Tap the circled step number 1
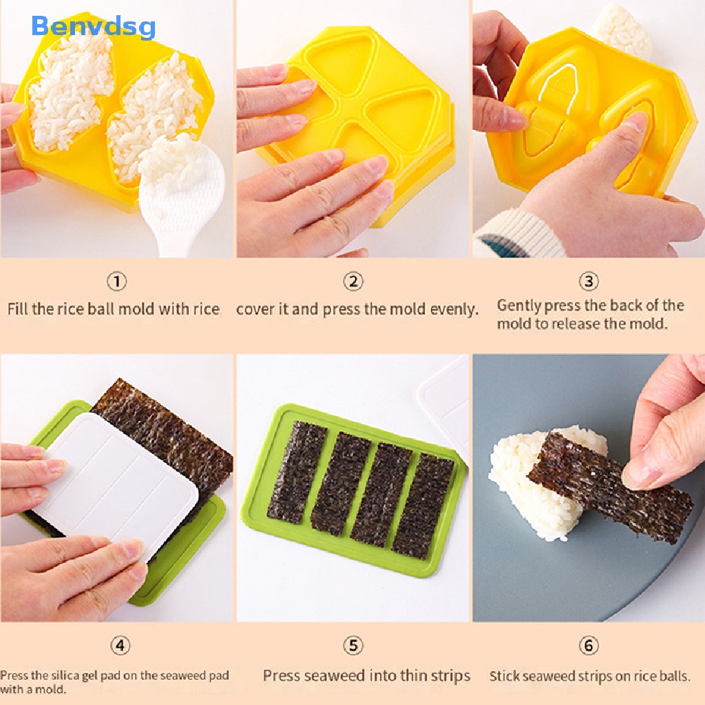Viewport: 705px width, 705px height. [117, 282]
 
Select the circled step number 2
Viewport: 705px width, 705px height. [353, 282]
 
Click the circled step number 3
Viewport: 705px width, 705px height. [588, 282]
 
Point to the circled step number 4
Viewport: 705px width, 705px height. [120, 646]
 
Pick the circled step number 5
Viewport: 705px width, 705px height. [353, 646]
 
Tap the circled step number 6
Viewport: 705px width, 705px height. [588, 646]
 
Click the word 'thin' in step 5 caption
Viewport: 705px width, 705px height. [401, 676]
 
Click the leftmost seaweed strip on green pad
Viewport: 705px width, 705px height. [297, 472]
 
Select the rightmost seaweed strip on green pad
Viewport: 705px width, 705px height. [423, 506]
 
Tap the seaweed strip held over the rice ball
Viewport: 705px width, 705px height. [606, 485]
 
